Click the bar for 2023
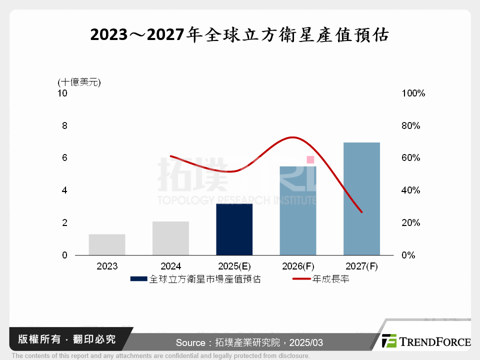coord(107,244)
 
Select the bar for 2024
coord(170,238)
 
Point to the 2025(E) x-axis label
coord(234,266)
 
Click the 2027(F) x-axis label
coord(361,266)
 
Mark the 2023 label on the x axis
coord(107,266)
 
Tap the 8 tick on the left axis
coord(64,125)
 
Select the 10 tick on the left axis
coord(62,93)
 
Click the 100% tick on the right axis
coord(413,93)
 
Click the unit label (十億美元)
coord(79,82)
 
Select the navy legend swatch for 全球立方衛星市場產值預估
coord(138,279)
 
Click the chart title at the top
coord(239,35)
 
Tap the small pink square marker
coord(310,159)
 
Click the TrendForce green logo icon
coord(389,341)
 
